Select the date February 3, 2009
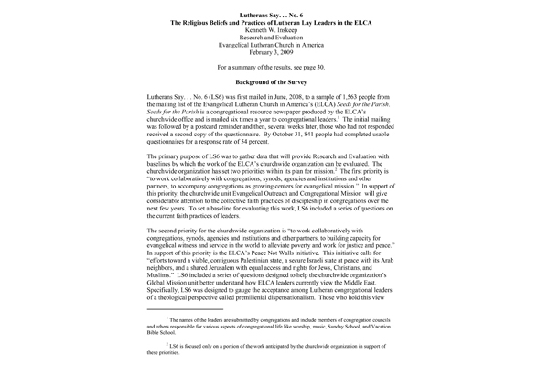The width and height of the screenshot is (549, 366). tap(274, 55)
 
